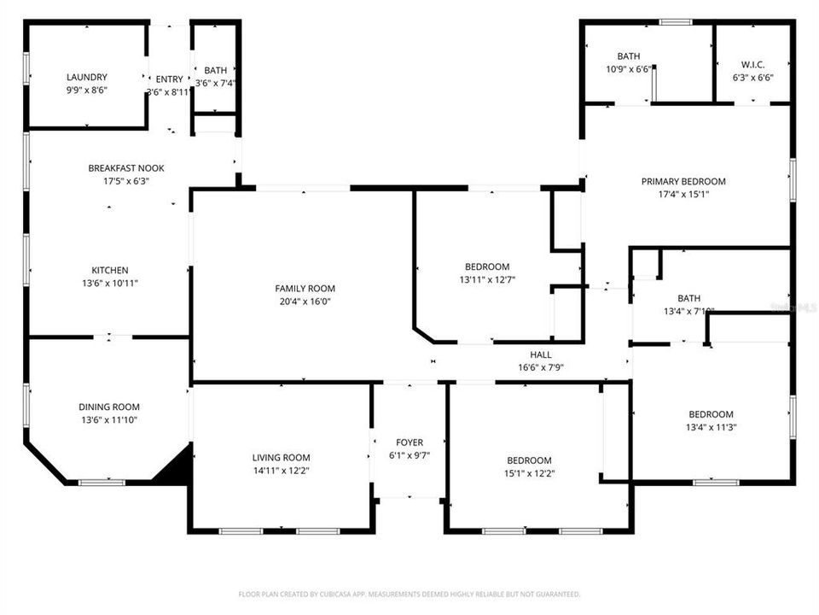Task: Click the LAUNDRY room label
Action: (87, 77)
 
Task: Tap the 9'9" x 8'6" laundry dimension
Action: (87, 90)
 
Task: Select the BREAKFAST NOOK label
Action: (126, 168)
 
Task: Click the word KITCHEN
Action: (110, 270)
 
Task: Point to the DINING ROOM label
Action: (109, 407)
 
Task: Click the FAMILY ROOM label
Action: (299, 288)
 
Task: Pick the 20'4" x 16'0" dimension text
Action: (299, 301)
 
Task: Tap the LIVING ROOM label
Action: (281, 457)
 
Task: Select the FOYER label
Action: (409, 442)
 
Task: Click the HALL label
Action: (541, 354)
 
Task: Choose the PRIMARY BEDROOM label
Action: (683, 181)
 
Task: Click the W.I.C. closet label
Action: (752, 64)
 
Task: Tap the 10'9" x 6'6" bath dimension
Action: (629, 69)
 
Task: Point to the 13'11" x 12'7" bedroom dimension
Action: (487, 278)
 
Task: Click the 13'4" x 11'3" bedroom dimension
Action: (711, 428)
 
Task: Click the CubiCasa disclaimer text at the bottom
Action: (409, 593)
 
